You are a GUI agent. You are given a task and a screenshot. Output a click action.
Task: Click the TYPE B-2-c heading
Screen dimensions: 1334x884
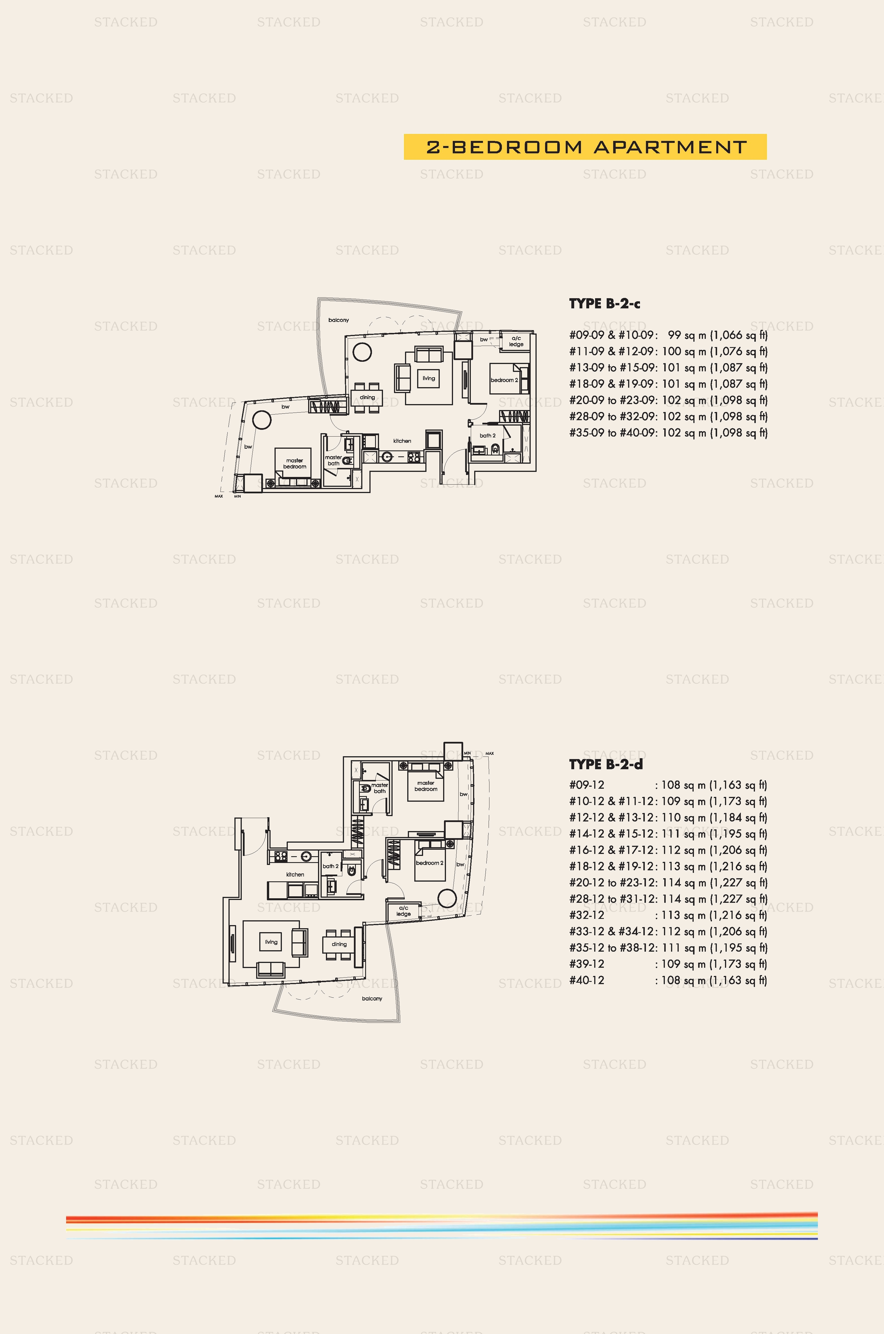[604, 304]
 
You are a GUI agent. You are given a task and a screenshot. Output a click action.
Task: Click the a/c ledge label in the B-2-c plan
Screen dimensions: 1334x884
[516, 341]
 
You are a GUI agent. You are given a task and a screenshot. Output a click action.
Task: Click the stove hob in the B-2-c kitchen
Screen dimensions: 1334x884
[414, 457]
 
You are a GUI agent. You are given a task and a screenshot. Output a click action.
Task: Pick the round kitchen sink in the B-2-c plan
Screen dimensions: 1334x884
[387, 457]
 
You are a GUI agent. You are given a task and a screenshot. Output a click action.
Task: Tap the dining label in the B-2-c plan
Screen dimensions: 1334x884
[367, 397]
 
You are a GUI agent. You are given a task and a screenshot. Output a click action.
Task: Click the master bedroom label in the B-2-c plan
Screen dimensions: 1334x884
[294, 463]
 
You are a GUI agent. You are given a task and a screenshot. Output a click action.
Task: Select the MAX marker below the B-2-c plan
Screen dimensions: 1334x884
[219, 496]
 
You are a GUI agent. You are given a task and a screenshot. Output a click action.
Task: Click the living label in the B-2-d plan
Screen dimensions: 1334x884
[271, 942]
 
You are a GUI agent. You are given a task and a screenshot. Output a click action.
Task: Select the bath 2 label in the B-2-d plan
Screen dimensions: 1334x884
[330, 866]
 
